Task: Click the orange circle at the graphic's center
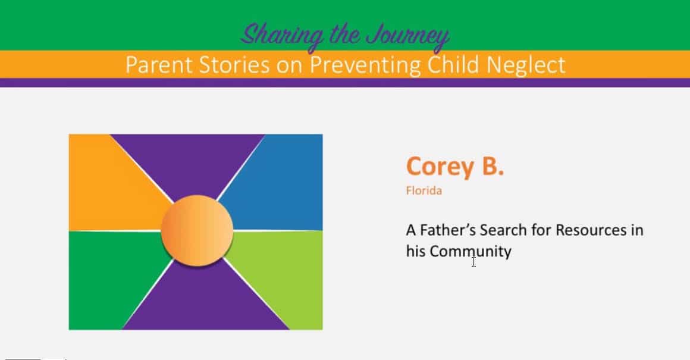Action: point(197,231)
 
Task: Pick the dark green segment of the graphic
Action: point(110,277)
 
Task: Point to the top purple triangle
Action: point(187,163)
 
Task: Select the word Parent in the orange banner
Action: point(159,65)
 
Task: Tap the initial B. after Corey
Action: point(493,166)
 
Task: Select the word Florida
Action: point(424,190)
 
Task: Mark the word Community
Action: point(471,252)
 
